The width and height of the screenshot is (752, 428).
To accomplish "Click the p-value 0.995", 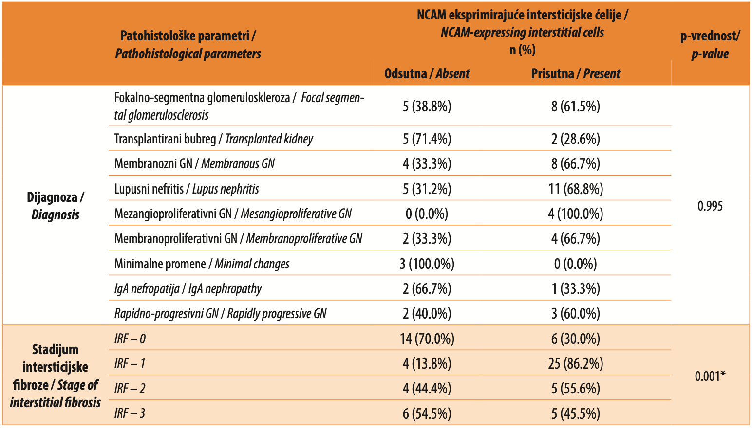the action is coord(710,206).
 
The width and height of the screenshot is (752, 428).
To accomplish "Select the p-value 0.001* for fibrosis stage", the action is coord(710,376).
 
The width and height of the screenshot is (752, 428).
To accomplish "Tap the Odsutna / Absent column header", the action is coord(427,73).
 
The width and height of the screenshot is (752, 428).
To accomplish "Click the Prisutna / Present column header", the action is coord(576,73).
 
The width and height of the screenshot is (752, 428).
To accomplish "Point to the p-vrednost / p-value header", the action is coord(710,45).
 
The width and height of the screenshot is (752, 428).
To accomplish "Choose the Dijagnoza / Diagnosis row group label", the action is coord(56,206).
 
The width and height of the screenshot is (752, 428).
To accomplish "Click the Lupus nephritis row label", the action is coord(187,189).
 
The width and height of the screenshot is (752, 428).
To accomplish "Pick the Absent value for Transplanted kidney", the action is coord(427,139).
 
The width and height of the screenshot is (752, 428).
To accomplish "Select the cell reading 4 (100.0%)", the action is coord(576,214).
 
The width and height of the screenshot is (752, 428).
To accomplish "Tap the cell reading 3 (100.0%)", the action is coord(427,264).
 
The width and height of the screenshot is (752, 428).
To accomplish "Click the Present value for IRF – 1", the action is coord(576,364).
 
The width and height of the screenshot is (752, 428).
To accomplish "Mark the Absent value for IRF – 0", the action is coord(427,339).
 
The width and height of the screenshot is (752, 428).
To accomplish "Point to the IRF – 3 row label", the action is coord(130,413).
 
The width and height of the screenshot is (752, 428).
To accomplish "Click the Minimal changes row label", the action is coord(202,264).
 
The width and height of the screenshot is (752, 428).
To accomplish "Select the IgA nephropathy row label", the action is coord(188,289).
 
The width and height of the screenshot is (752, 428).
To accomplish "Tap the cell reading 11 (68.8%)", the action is coord(576,189).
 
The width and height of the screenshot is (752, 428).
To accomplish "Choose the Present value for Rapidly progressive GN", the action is coord(576,314).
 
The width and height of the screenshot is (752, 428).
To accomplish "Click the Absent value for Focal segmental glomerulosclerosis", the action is coord(427,106).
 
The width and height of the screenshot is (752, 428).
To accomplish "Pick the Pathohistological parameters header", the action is coord(188,45).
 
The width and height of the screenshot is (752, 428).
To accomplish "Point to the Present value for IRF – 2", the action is coord(576,389).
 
